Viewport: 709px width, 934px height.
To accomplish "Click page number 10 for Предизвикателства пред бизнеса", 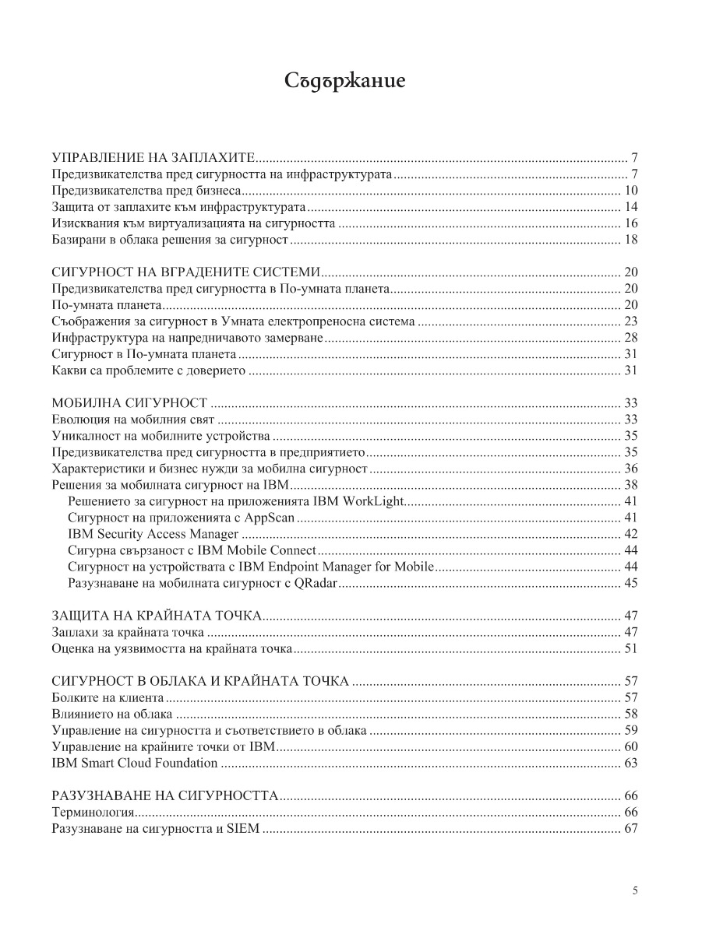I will (x=631, y=191).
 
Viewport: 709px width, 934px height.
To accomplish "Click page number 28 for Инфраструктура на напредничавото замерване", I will (x=631, y=337).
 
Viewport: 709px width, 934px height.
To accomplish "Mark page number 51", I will (x=631, y=648).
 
